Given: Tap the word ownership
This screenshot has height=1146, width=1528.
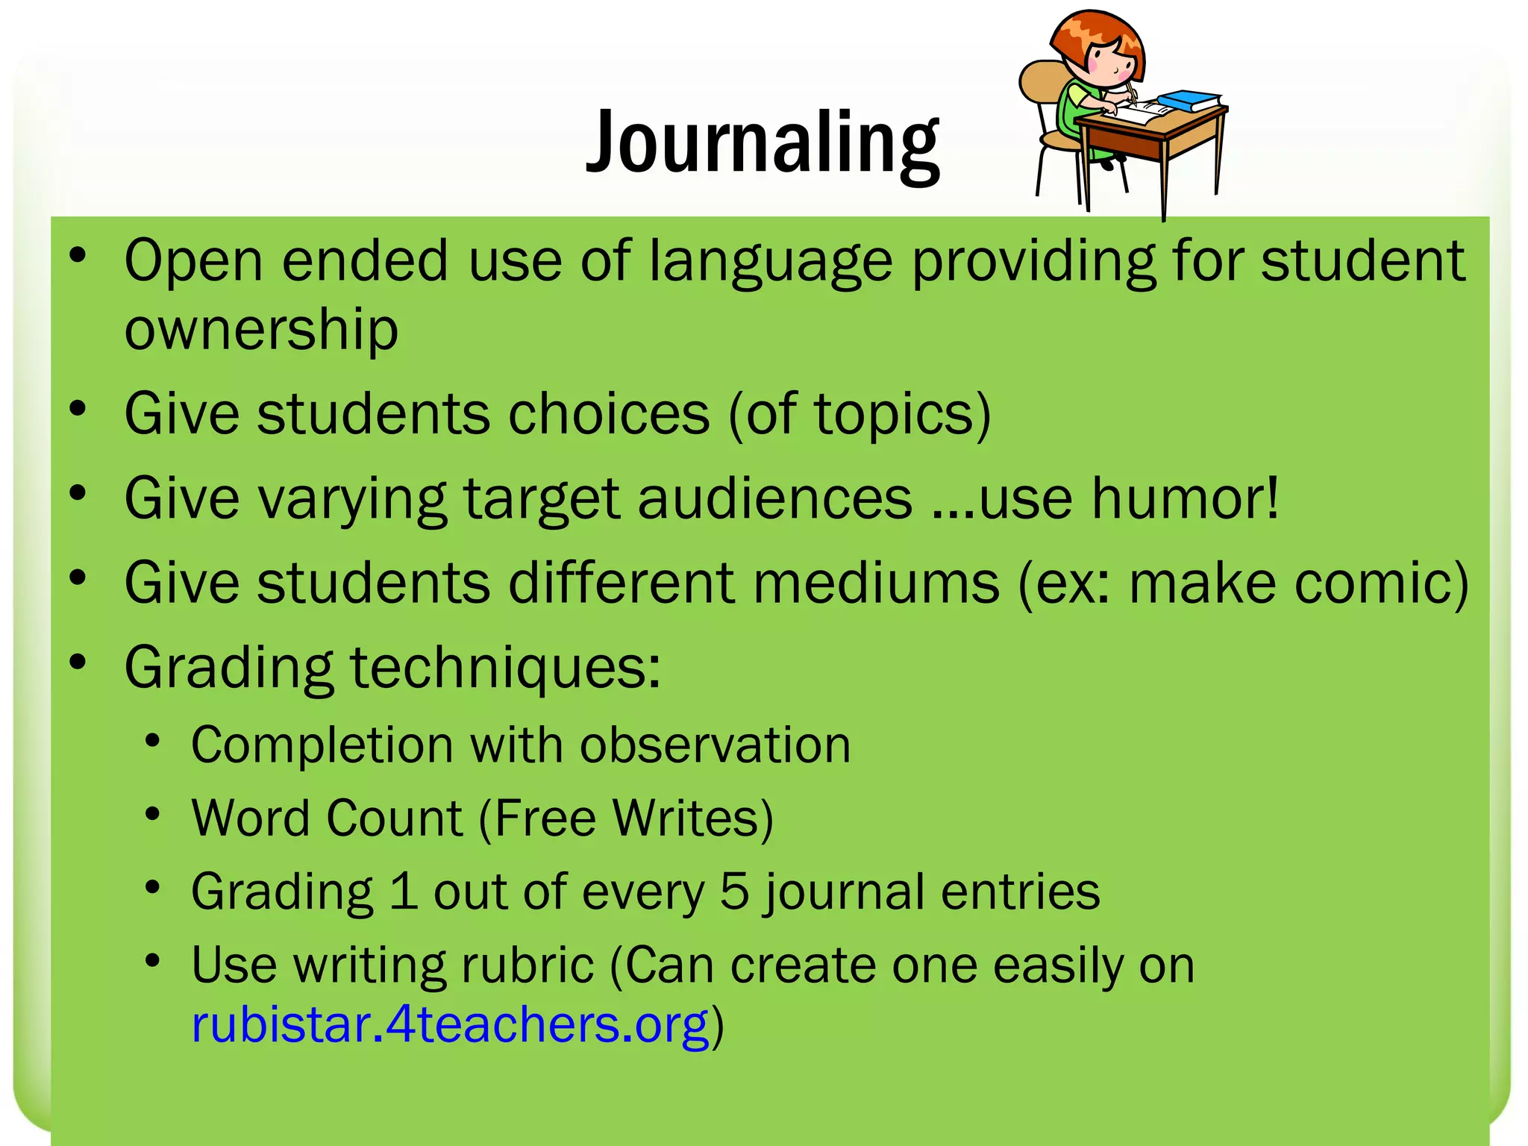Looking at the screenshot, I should [261, 330].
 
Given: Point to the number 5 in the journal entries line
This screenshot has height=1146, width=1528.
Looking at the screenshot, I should [734, 891].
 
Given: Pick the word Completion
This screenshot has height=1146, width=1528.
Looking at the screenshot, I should [321, 745].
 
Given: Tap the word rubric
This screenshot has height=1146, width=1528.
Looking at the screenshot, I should [527, 965].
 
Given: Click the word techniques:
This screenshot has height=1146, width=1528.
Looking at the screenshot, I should [505, 668].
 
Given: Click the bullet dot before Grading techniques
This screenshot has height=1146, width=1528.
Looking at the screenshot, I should [78, 662].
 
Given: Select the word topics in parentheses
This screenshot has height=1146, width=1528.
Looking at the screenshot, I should [892, 415].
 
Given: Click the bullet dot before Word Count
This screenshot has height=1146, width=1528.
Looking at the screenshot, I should [153, 814].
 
